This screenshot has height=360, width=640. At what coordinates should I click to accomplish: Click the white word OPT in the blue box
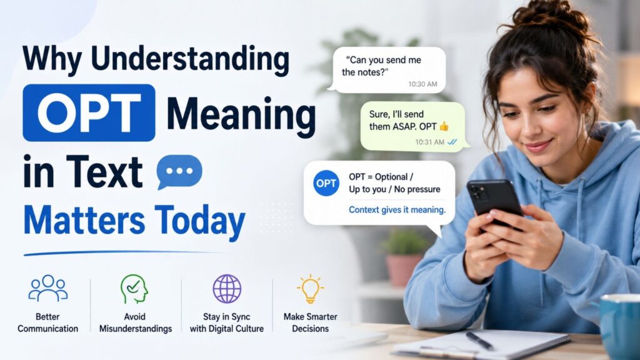pyautogui.click(x=89, y=112)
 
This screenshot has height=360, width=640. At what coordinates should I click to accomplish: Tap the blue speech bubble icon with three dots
pyautogui.click(x=179, y=172)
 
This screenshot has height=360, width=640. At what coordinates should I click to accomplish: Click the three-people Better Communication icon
pyautogui.click(x=48, y=288)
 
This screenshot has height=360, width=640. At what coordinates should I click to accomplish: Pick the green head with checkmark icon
pyautogui.click(x=134, y=289)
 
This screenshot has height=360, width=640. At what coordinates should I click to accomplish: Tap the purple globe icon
pyautogui.click(x=227, y=289)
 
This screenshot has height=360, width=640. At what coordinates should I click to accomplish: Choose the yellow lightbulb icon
pyautogui.click(x=310, y=289)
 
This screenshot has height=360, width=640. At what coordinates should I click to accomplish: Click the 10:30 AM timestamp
pyautogui.click(x=422, y=84)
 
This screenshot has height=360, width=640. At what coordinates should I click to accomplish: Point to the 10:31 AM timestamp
pyautogui.click(x=429, y=142)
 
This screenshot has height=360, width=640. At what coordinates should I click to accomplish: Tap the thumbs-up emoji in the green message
pyautogui.click(x=444, y=126)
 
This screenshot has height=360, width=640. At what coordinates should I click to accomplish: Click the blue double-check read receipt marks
pyautogui.click(x=452, y=142)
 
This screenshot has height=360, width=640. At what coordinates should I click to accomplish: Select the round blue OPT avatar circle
pyautogui.click(x=326, y=183)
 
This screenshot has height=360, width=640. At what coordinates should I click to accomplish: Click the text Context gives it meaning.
pyautogui.click(x=397, y=210)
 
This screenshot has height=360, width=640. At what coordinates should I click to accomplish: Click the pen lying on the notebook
pyautogui.click(x=479, y=341)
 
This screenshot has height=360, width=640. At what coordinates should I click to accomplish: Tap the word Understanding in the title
pyautogui.click(x=190, y=59)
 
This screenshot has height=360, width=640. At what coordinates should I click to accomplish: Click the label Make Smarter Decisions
pyautogui.click(x=310, y=322)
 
